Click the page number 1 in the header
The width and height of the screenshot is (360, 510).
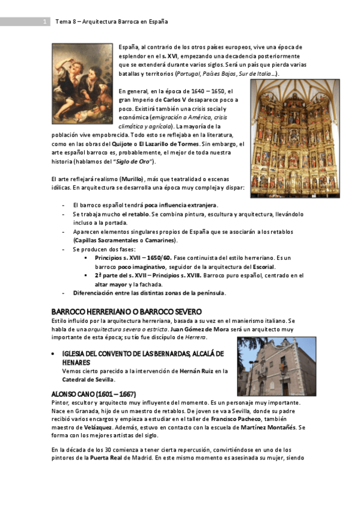click(x=45, y=22)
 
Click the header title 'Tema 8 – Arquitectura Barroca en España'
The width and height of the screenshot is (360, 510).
click(x=111, y=22)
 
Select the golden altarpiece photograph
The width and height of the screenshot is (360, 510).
click(x=295, y=138)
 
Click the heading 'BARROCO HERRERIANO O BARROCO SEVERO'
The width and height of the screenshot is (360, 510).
click(x=126, y=313)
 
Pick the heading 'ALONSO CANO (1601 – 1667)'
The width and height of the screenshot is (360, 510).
click(x=93, y=394)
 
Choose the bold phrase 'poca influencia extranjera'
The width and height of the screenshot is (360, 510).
click(x=181, y=206)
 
